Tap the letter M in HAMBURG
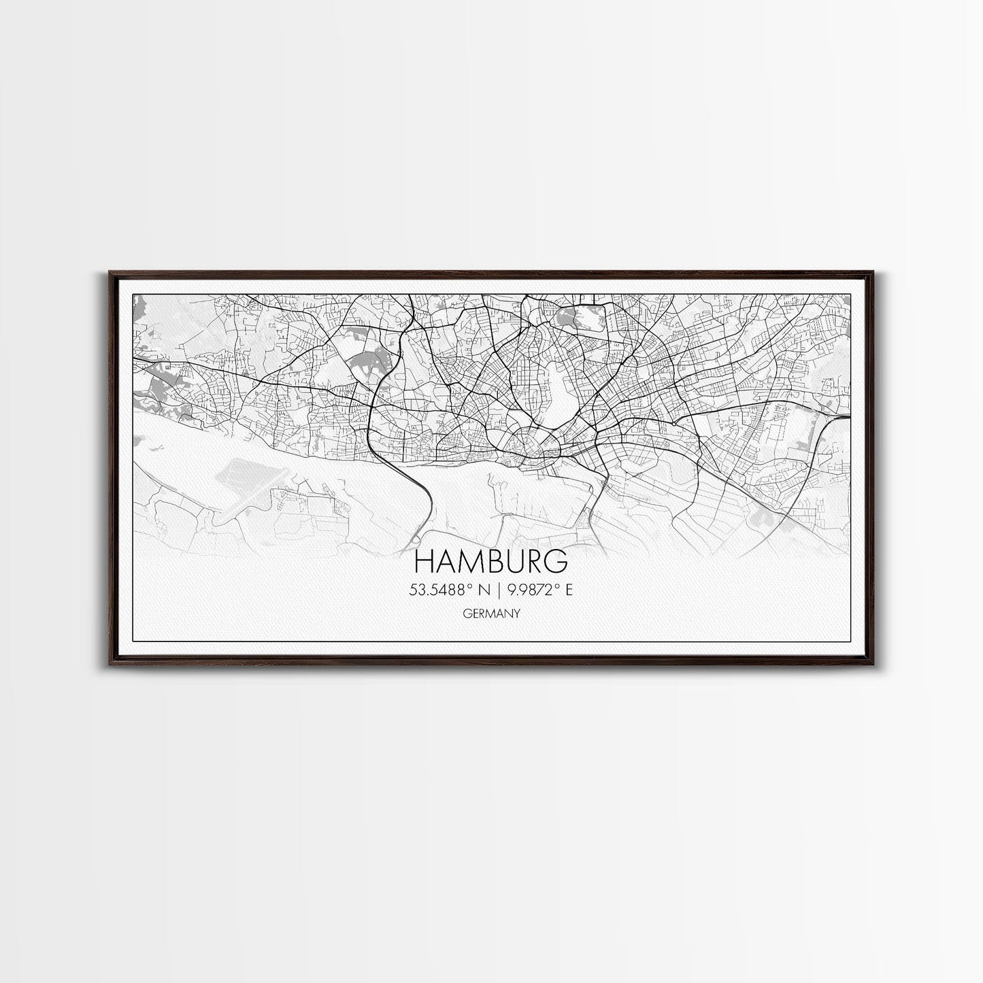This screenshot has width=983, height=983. [x=469, y=561]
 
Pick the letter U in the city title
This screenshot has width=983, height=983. [x=514, y=561]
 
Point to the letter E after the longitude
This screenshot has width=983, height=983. [x=568, y=590]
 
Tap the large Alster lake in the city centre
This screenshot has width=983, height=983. [x=556, y=395]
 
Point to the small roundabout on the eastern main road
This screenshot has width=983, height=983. [x=673, y=423]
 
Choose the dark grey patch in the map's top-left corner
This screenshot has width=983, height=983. [x=139, y=310]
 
